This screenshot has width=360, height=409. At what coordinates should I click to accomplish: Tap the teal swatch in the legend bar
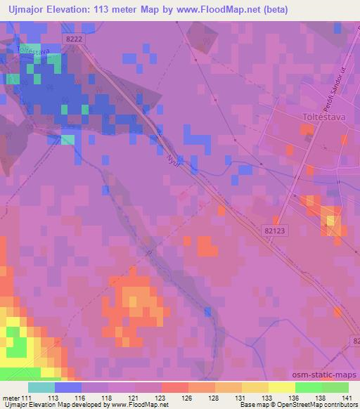(x=41, y=387)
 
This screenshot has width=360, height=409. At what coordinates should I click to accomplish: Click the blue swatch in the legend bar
(x=68, y=387)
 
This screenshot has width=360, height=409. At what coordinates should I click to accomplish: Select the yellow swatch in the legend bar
(x=281, y=387)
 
